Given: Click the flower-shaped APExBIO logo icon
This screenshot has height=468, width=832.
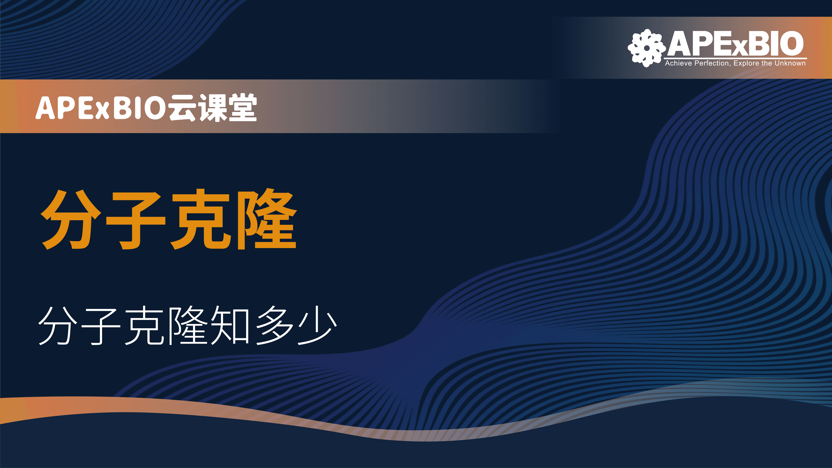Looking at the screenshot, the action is tap(647, 48).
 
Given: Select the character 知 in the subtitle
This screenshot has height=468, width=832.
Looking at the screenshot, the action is tap(229, 325).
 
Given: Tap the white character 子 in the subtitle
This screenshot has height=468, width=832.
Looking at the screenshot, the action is tap(101, 326).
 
